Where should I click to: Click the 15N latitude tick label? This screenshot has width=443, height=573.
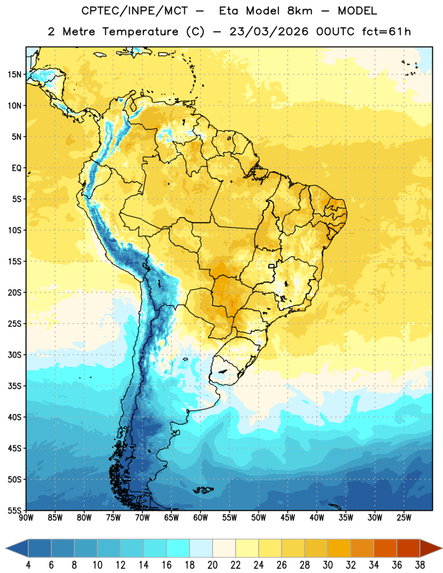click(14, 74)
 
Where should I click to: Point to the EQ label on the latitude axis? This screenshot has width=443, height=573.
click(16, 168)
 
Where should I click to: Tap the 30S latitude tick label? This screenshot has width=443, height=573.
click(14, 355)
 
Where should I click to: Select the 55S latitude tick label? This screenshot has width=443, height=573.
click(14, 511)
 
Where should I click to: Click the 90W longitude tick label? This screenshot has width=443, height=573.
click(26, 518)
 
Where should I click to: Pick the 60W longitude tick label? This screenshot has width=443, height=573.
click(201, 518)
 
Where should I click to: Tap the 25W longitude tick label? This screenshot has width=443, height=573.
click(404, 518)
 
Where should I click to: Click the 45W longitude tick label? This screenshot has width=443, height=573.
click(287, 518)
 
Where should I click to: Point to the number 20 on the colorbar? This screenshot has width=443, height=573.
click(212, 565)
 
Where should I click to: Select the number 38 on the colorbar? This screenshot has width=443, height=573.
click(420, 565)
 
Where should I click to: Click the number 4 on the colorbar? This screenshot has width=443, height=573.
click(28, 565)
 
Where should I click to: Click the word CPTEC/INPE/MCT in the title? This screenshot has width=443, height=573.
click(134, 11)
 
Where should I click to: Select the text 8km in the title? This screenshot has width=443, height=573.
click(300, 11)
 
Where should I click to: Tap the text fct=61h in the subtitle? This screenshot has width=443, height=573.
click(386, 32)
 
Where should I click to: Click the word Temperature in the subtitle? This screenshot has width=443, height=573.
click(140, 32)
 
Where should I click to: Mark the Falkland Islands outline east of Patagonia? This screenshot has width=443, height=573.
click(204, 490)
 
